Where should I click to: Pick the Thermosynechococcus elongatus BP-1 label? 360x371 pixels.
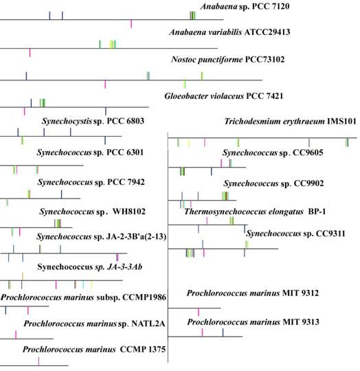(x=265, y=212)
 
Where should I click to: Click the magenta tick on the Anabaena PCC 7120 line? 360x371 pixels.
(x=131, y=25)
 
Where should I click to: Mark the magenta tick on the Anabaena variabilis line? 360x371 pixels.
(x=30, y=53)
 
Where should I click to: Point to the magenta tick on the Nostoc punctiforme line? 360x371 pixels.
(x=104, y=85)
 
